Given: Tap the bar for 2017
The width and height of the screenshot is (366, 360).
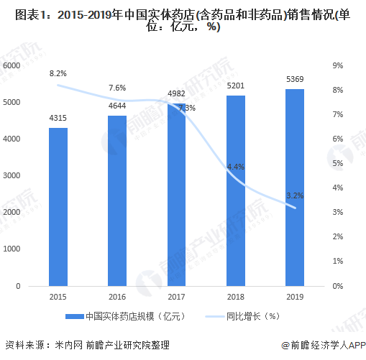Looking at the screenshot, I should pyautogui.click(x=177, y=194).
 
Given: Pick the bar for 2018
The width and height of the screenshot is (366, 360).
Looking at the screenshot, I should pyautogui.click(x=236, y=190).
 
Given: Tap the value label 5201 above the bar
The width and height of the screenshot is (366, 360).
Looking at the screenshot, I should pyautogui.click(x=236, y=86).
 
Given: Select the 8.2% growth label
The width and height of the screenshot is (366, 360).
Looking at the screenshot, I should pyautogui.click(x=58, y=73).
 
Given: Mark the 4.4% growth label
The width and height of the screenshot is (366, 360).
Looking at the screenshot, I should pyautogui.click(x=236, y=166).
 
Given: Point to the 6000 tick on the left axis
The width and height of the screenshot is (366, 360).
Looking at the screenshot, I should pyautogui.click(x=11, y=65).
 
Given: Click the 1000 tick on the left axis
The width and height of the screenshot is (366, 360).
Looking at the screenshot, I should pyautogui.click(x=11, y=249).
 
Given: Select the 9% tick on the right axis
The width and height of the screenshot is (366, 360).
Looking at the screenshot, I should pyautogui.click(x=337, y=65).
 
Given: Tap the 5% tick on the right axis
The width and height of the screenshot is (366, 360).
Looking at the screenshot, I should pyautogui.click(x=337, y=164).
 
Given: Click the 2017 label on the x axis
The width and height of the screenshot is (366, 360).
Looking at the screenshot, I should pyautogui.click(x=177, y=296).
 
